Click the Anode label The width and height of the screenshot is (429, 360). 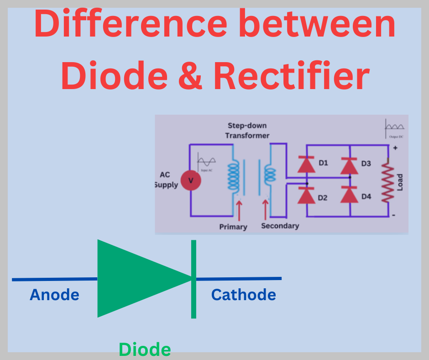[54, 295]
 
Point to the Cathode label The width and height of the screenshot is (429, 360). [243, 295]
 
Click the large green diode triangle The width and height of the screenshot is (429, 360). [137, 278]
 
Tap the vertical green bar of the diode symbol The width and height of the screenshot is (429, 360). [194, 279]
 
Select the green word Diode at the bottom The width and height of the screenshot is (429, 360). [145, 349]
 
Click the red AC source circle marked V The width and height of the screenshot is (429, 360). [191, 180]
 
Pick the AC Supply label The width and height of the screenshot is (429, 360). [166, 180]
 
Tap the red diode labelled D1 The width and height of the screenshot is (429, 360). [306, 164]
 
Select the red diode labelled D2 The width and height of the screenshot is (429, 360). [306, 195]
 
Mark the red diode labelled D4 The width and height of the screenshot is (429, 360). [349, 195]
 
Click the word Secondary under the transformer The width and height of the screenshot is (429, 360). [280, 226]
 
